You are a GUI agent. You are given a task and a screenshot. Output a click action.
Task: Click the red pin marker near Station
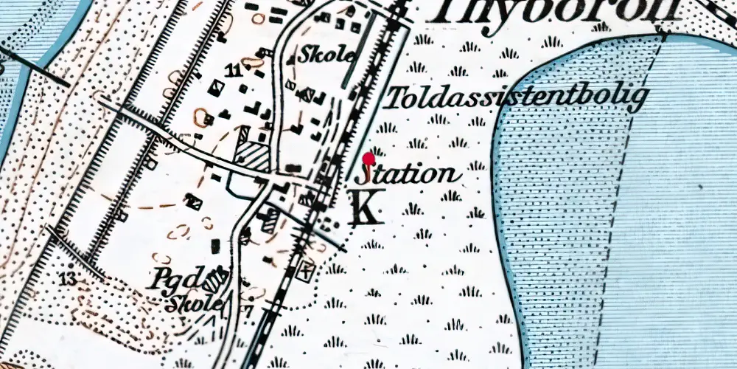[x=369, y=157]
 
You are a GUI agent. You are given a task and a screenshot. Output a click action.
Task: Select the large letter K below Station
[x=365, y=207]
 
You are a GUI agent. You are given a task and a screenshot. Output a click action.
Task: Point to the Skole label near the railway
[x=326, y=54]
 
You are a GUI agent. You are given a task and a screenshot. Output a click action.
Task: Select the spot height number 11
[x=234, y=71]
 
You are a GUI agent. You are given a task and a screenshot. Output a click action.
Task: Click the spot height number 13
[x=69, y=279]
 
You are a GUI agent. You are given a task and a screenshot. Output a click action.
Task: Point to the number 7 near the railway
[x=249, y=311]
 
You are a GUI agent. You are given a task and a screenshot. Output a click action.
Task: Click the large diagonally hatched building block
[x=253, y=156]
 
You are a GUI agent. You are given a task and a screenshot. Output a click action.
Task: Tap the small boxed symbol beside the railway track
[x=304, y=270]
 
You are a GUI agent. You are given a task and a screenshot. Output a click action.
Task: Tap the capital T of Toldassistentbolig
[x=398, y=97]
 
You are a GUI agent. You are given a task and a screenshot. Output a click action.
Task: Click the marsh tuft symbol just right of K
[x=413, y=210]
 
